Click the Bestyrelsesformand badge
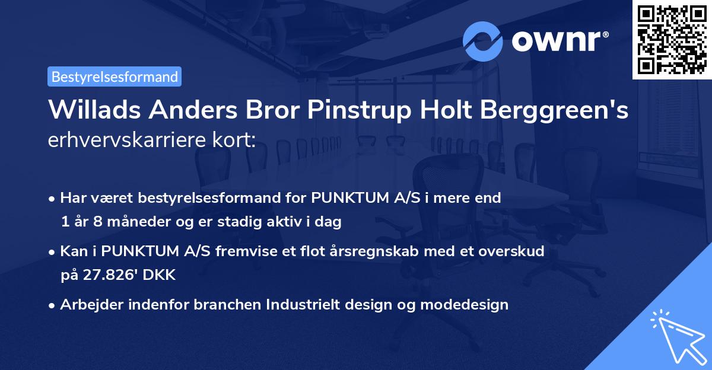(x=115, y=76)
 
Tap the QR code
(x=672, y=39)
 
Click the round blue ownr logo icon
(x=483, y=41)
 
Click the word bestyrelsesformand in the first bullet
(x=189, y=197)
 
